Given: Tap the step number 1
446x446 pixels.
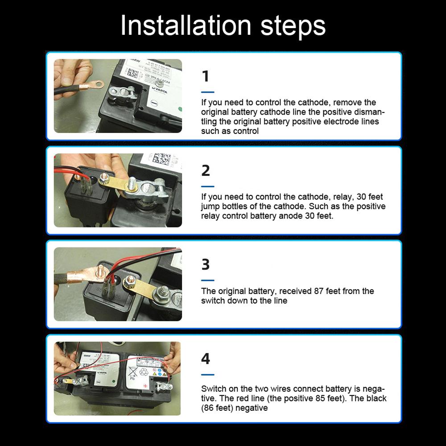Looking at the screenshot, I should (x=205, y=76).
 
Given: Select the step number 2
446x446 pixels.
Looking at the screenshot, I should (x=205, y=170).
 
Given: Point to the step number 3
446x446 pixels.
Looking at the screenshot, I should (x=205, y=264).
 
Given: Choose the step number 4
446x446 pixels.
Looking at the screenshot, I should (x=205, y=359).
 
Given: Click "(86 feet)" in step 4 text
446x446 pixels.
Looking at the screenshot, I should (x=220, y=408).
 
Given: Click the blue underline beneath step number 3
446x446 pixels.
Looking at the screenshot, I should (x=207, y=281).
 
